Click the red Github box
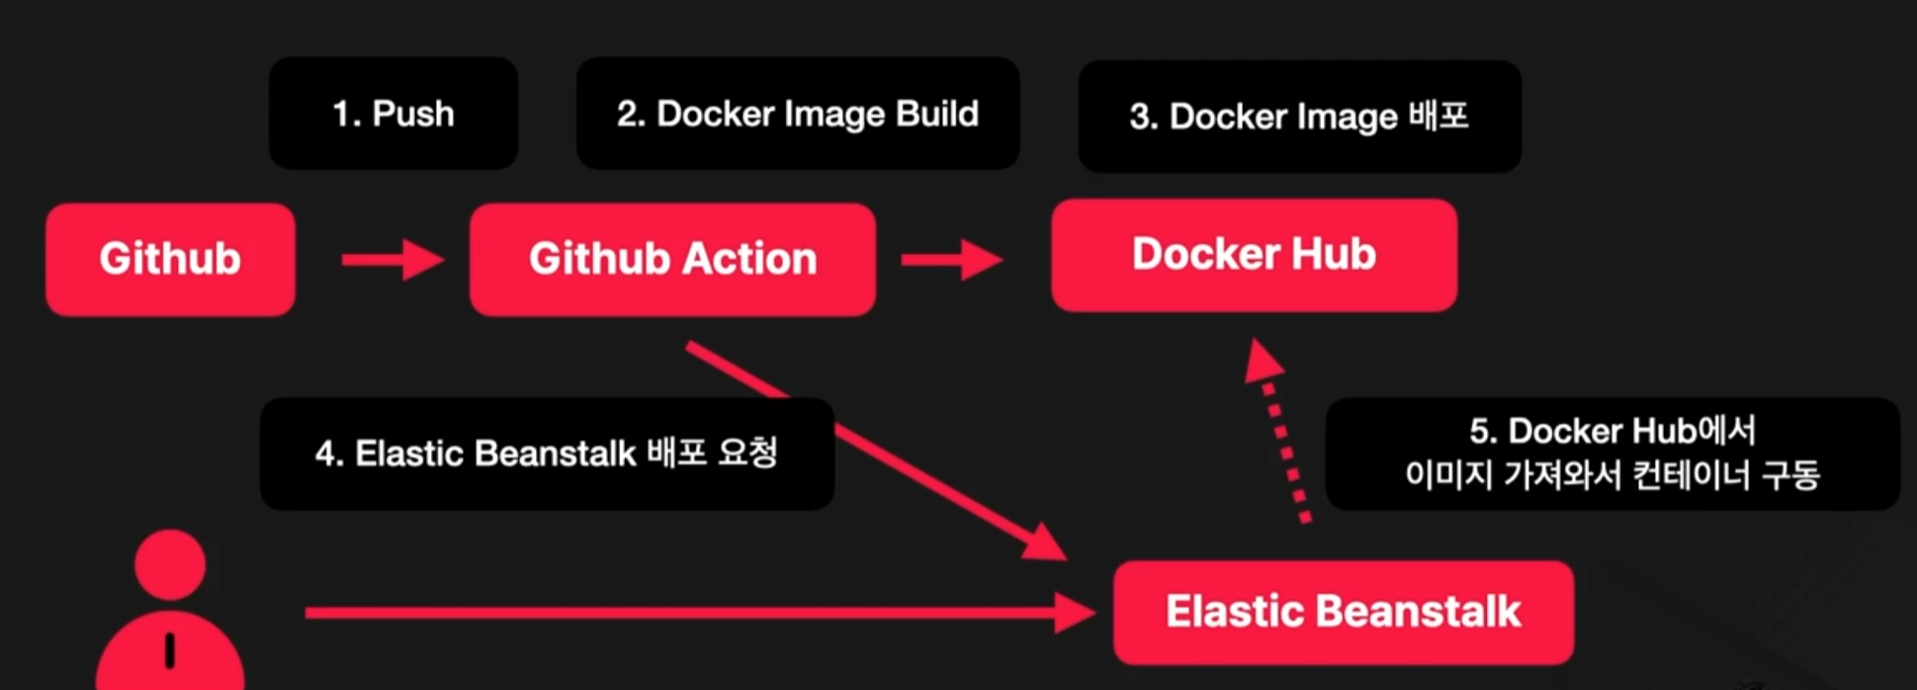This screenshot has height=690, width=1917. (170, 259)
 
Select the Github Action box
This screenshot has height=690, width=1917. (672, 259)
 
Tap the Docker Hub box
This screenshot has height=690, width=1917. (1254, 255)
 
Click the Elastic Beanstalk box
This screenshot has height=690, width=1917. (1343, 612)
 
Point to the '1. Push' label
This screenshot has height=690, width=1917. (392, 114)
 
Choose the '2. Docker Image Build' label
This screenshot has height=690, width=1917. (797, 114)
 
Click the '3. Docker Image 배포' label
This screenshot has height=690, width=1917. (1298, 117)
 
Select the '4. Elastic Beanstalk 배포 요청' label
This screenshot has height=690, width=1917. (546, 454)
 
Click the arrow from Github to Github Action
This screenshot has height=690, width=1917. (392, 260)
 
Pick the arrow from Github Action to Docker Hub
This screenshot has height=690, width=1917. (951, 260)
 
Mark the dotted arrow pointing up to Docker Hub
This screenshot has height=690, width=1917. (1281, 435)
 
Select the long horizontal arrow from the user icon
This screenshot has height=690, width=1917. (692, 613)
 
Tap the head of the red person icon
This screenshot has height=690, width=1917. (170, 563)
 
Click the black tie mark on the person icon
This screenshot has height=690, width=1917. (170, 649)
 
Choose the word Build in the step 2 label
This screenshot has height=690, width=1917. (936, 114)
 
